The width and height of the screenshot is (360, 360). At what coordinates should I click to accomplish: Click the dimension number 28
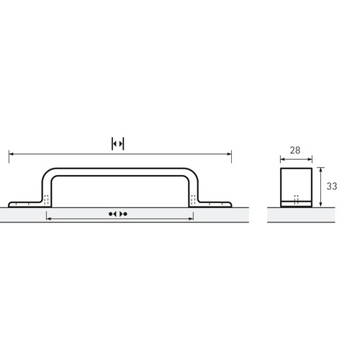295,150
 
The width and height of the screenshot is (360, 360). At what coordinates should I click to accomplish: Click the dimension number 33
332,186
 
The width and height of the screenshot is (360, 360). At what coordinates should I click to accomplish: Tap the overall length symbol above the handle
118,144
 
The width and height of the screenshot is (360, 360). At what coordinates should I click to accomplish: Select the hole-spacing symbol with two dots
118,214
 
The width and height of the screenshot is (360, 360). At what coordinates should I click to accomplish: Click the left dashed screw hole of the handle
47,200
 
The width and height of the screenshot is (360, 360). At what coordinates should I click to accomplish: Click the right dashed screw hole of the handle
193,200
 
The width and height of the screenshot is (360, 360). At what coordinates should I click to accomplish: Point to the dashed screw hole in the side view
297,199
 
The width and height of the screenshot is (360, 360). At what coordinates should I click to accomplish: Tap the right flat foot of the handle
215,204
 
